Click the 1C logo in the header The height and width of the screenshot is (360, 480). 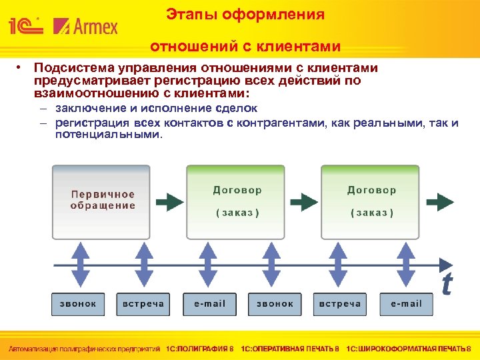pyautogui.click(x=25, y=26)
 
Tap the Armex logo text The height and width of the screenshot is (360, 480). pyautogui.click(x=86, y=26)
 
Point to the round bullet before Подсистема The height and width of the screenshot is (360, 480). pyautogui.click(x=21, y=68)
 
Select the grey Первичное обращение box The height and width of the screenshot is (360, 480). pyautogui.click(x=103, y=201)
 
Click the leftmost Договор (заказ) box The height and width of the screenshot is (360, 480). pyautogui.click(x=237, y=201)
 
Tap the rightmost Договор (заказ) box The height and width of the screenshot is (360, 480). pyautogui.click(x=371, y=201)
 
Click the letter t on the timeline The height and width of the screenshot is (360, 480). pyautogui.click(x=446, y=284)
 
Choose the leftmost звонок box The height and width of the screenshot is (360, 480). pyautogui.click(x=78, y=304)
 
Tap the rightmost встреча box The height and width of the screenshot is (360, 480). pyautogui.click(x=340, y=304)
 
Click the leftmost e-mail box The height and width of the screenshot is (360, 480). pyautogui.click(x=209, y=304)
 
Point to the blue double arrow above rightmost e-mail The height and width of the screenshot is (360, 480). pyautogui.click(x=405, y=263)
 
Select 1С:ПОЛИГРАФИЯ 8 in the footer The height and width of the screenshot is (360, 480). pyautogui.click(x=200, y=349)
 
